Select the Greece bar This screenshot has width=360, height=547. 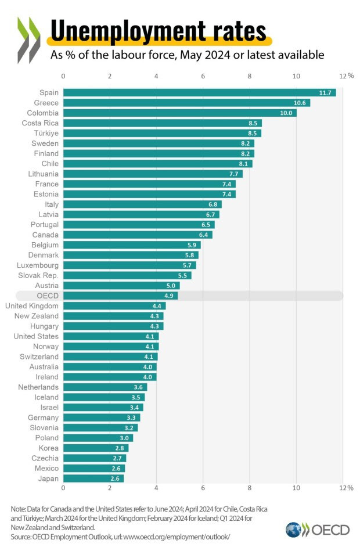coord(186,103)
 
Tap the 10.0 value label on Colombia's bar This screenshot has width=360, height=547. coord(286,113)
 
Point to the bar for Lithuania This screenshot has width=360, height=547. coord(152,174)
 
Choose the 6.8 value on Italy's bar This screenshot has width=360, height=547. coord(214,204)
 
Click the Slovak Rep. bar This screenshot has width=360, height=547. coord(127,275)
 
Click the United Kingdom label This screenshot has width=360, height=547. coord(31,305)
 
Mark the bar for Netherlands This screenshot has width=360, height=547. coord(105,387)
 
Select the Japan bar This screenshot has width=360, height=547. coord(93,478)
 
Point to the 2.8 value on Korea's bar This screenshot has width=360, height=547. coord(120,448)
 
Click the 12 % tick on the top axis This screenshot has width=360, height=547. coord(346,76)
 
